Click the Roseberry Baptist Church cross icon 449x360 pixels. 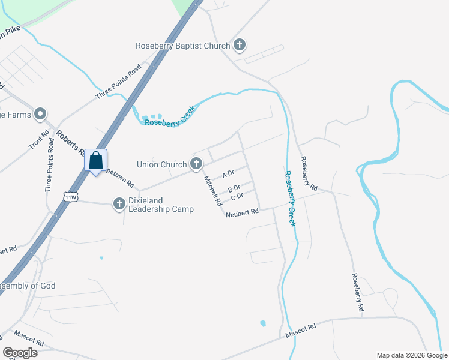[x=240, y=46]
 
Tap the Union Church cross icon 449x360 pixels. [x=196, y=164]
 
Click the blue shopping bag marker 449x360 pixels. [x=95, y=160]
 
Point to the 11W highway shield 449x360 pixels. [x=71, y=196]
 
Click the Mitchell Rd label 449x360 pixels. [x=212, y=191]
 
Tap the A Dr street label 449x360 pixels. [x=228, y=174]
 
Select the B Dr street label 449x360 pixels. [x=234, y=188]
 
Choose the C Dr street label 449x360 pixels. [x=237, y=196]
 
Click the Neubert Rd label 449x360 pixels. [x=242, y=212]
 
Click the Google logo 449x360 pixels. [x=20, y=353]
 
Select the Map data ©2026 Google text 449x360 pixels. [x=411, y=355]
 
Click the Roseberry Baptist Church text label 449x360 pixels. [x=182, y=46]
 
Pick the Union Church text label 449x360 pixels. [x=162, y=164]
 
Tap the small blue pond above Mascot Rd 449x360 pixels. [x=263, y=324]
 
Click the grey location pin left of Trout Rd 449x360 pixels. [x=41, y=113]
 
